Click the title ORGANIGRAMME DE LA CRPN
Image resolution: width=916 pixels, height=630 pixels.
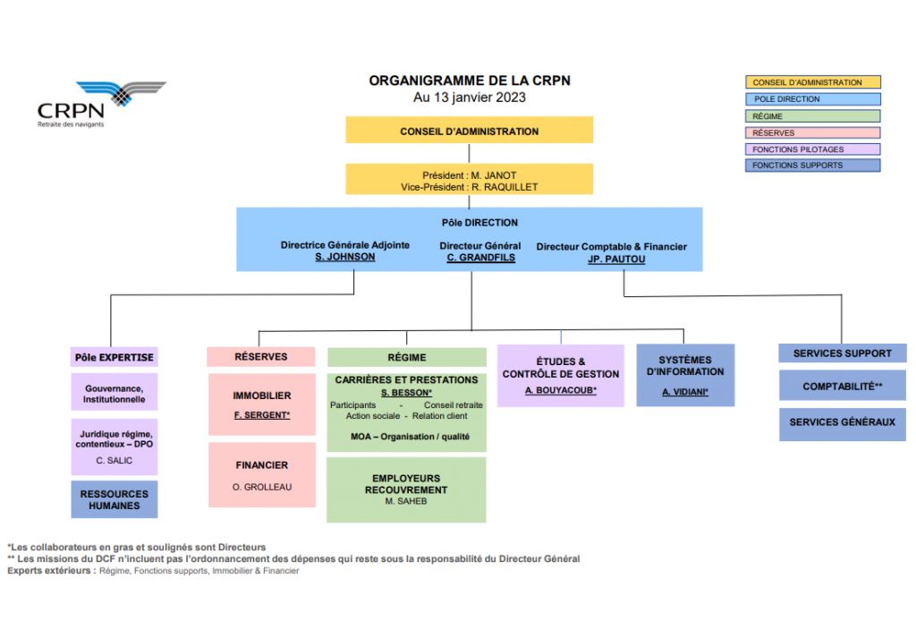point(470,81)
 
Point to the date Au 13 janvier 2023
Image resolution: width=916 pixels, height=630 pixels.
point(470,98)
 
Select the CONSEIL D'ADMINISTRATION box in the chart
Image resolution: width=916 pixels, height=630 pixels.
point(470,131)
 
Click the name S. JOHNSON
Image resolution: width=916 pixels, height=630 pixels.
point(345,258)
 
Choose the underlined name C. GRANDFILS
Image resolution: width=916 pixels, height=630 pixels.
point(480,258)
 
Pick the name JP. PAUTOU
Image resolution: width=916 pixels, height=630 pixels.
point(616,260)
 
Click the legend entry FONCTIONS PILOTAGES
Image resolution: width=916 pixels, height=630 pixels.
point(812,149)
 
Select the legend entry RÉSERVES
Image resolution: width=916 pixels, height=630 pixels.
point(812,132)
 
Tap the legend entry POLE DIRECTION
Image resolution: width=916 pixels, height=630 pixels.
point(812,99)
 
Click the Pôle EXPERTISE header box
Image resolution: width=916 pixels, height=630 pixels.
point(114,357)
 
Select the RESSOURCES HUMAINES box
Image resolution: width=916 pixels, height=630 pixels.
point(114,499)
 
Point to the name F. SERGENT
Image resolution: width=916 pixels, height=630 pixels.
point(261,415)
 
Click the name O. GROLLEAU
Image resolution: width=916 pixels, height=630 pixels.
point(261,487)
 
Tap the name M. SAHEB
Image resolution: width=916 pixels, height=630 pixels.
point(406,501)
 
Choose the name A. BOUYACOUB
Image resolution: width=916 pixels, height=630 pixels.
point(560,391)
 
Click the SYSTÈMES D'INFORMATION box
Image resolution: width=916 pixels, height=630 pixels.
point(685,375)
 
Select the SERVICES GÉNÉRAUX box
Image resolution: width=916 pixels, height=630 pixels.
point(842,422)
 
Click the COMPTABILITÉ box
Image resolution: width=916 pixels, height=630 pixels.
point(842,386)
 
